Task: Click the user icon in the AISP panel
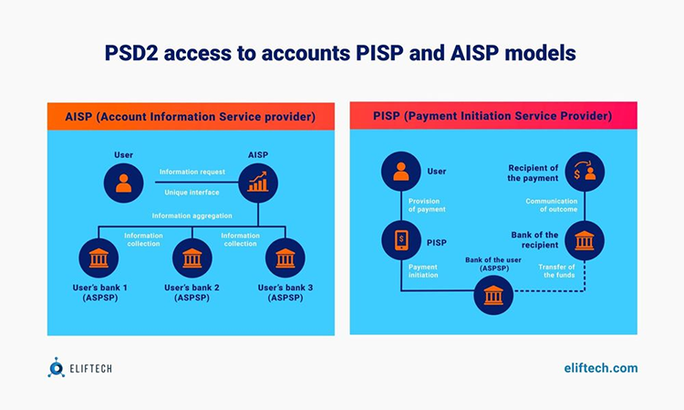click(123, 183)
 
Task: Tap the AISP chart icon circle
click(258, 183)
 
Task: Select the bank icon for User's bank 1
click(98, 258)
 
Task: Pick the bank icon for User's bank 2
click(192, 258)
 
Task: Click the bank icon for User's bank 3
click(285, 258)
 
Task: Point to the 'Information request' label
click(192, 172)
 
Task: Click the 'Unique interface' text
click(192, 193)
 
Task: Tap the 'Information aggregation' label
click(192, 216)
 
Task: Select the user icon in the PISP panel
click(401, 171)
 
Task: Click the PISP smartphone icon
click(401, 240)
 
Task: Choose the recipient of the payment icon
click(585, 171)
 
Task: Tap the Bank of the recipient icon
click(585, 240)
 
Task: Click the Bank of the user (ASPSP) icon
click(493, 295)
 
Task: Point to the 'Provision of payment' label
click(427, 205)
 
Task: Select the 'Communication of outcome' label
click(552, 205)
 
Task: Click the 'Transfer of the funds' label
click(556, 270)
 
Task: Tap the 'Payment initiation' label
click(423, 270)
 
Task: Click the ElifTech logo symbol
click(56, 368)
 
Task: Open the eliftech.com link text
click(601, 368)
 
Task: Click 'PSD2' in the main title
click(131, 53)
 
